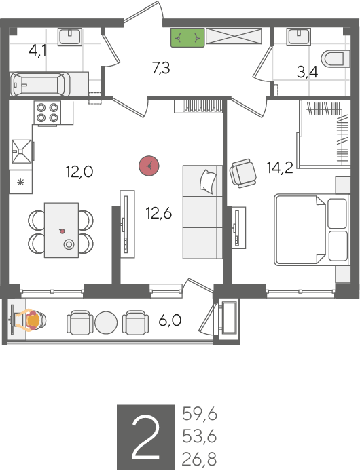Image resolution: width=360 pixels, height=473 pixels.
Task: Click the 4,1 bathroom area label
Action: (x=38, y=50)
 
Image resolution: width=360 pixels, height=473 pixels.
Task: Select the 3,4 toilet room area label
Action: (x=307, y=72)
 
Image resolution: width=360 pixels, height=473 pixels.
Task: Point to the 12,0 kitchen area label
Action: (x=79, y=172)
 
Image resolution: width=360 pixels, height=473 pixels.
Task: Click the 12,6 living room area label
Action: (x=158, y=214)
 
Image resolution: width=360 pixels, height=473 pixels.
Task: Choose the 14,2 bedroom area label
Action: (x=279, y=168)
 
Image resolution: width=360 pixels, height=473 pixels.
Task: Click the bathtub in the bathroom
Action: (x=41, y=86)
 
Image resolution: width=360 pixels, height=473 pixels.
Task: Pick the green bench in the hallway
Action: (x=187, y=37)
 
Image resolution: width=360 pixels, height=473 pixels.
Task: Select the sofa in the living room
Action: (x=202, y=212)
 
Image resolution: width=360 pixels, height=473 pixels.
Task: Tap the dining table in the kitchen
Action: (x=61, y=230)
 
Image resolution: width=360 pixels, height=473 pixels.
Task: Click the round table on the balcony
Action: (x=106, y=322)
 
